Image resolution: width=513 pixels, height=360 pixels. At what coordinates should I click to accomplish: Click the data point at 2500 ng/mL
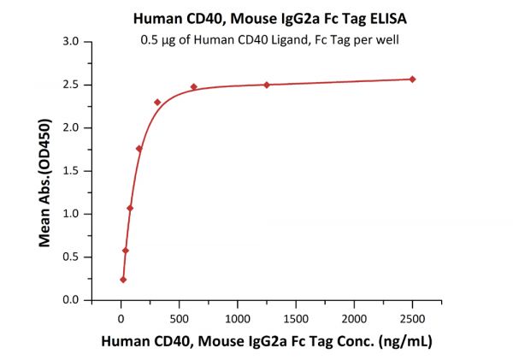tap(412, 80)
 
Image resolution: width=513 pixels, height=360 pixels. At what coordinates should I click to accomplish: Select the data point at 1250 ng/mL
tap(267, 85)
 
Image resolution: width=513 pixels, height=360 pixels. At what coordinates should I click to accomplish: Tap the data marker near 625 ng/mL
tap(194, 86)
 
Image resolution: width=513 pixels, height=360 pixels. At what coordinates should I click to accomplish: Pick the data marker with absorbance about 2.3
tap(157, 103)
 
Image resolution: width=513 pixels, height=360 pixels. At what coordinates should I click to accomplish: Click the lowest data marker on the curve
tap(123, 280)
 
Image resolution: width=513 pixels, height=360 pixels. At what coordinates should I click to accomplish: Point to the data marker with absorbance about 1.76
tap(139, 149)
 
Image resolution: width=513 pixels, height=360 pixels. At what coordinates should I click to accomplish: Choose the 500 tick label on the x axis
tap(179, 319)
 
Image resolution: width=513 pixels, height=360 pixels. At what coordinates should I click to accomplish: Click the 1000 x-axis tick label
tap(237, 319)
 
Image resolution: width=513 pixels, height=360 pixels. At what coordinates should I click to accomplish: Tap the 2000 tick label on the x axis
tap(354, 319)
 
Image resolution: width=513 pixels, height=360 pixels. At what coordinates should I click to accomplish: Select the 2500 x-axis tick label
tap(412, 319)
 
